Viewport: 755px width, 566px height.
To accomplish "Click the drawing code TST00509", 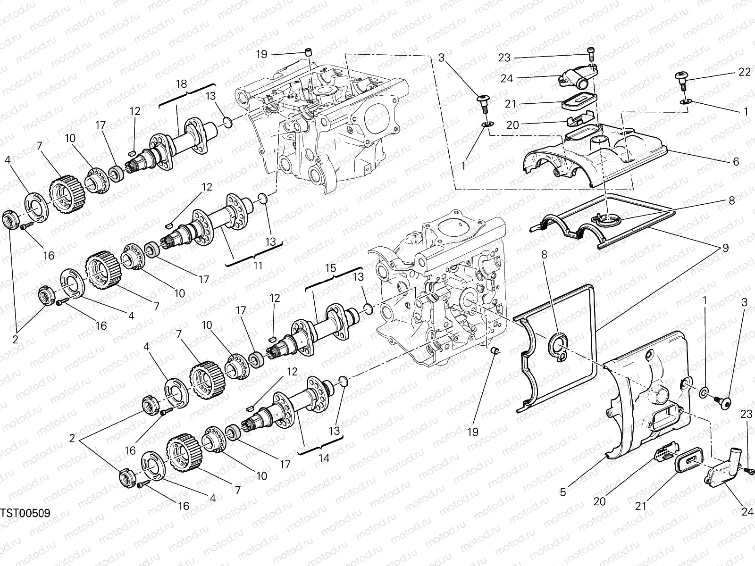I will (x=25, y=513).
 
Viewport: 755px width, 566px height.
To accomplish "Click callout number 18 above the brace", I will (x=182, y=83).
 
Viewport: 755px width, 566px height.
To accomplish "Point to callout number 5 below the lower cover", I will (x=562, y=492).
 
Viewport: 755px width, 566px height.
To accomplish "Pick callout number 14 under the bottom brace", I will (x=323, y=457).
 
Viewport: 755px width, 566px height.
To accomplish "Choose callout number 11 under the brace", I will (x=257, y=266).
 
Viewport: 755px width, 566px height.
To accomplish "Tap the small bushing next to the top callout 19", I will (x=310, y=51).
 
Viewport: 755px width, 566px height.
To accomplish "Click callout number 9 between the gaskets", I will (x=725, y=247).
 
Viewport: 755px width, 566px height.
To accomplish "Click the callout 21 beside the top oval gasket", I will (x=511, y=104).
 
